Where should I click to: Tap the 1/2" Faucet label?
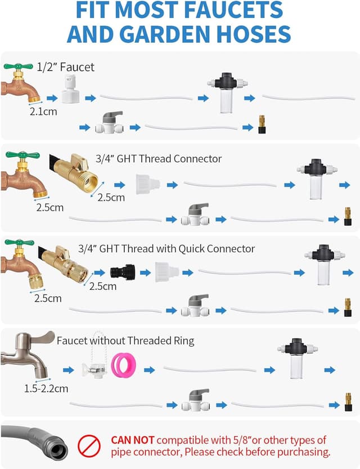click(x=66, y=67)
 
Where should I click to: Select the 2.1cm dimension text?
click(x=43, y=111)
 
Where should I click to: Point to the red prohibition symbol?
click(x=88, y=445)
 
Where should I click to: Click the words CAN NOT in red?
click(x=137, y=440)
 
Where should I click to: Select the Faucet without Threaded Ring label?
click(x=125, y=340)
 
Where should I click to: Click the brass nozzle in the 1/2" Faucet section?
click(x=262, y=124)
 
